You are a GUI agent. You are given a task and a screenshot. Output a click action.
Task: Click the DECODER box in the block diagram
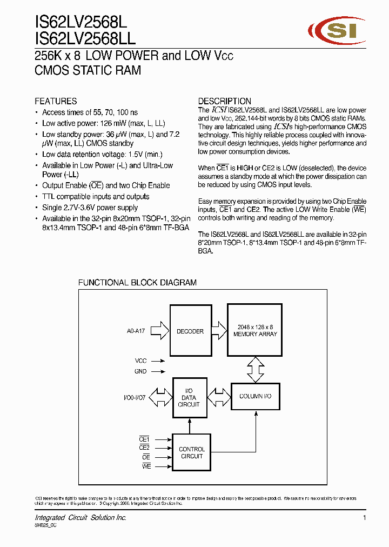[190, 331]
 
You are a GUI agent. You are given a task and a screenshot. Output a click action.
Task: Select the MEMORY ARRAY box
[255, 331]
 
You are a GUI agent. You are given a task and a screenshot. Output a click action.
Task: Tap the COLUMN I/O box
[255, 396]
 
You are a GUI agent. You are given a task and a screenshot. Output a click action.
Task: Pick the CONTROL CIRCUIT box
[191, 452]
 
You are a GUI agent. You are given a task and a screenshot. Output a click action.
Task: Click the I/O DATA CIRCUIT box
[189, 397]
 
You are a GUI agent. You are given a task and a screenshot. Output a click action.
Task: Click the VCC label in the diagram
[140, 360]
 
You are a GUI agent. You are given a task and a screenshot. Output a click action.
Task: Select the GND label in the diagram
[140, 371]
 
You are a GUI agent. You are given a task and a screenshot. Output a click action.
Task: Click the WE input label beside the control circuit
[145, 466]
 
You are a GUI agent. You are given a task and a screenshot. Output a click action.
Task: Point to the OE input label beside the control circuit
[145, 457]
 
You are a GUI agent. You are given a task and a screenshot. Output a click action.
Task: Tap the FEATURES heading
[56, 101]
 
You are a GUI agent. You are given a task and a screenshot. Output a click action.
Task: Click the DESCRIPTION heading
[224, 101]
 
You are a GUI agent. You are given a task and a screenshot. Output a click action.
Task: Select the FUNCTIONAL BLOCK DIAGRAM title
[137, 283]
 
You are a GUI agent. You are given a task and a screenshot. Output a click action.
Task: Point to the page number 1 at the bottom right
[365, 518]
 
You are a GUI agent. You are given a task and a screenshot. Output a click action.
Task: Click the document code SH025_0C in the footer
[45, 525]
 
